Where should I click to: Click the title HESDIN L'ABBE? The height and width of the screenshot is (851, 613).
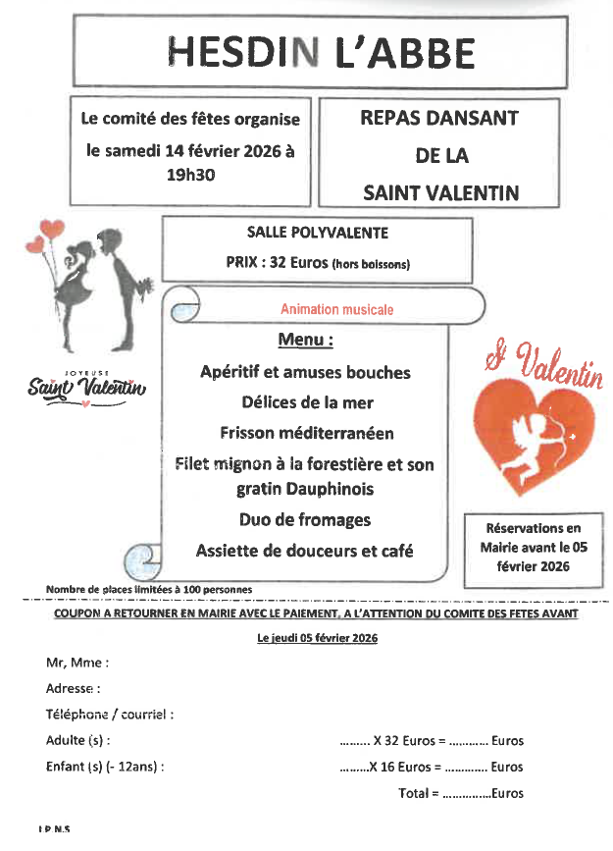point(321,51)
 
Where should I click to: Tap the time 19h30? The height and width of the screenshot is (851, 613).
point(190,176)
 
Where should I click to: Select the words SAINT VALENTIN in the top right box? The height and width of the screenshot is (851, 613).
point(440,192)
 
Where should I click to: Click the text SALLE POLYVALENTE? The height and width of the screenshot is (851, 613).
point(318,233)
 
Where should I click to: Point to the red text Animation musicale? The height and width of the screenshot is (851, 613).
point(336,309)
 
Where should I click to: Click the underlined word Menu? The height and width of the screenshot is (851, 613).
point(305,340)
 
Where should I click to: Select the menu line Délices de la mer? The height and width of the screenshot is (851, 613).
point(307,401)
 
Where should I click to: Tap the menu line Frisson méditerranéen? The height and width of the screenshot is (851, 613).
point(306,432)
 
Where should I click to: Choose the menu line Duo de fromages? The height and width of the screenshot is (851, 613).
point(305,519)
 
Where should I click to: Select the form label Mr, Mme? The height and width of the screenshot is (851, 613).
point(77,663)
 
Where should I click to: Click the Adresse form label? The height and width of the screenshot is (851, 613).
point(74,689)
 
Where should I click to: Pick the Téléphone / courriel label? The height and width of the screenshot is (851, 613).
point(110,715)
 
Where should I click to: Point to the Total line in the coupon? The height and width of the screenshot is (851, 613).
point(461,793)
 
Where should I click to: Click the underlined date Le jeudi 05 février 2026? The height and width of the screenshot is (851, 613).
point(317,637)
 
